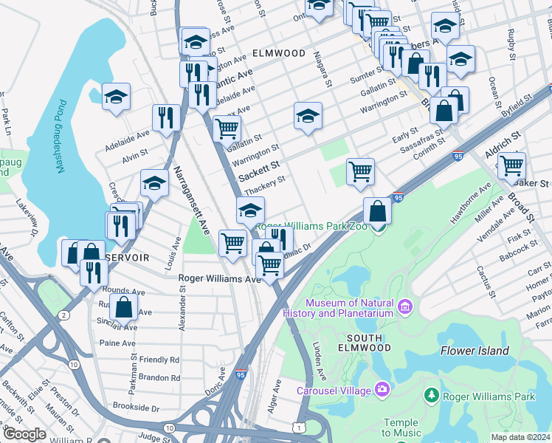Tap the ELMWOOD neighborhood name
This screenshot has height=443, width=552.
click(x=278, y=53)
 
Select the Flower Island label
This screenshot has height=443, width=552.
click(x=475, y=351)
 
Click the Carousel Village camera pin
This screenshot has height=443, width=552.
click(x=382, y=388)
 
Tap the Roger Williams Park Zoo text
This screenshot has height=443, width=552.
click(x=314, y=227)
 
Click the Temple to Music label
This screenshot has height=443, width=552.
click(x=401, y=427)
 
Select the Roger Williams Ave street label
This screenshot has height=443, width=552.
click(x=220, y=279)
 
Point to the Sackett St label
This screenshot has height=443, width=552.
click(x=259, y=173)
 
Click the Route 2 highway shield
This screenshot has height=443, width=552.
click(x=64, y=315)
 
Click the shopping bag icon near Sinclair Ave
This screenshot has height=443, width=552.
click(x=125, y=306)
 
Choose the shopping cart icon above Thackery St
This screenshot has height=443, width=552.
click(x=359, y=171)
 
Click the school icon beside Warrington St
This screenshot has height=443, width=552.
click(x=308, y=114)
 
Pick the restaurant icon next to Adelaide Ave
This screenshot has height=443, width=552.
click(x=166, y=117)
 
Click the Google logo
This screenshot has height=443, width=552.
click(x=24, y=434)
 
